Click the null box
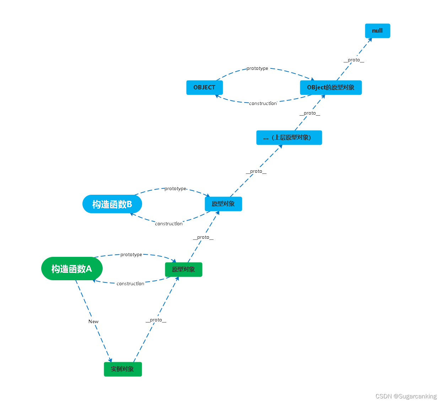377,31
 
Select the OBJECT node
204,88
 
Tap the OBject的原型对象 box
330,88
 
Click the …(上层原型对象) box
289,138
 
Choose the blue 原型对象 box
223,204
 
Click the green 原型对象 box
183,270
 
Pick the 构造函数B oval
112,204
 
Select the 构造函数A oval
72,269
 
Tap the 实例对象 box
123,369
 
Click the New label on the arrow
93,321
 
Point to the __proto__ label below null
354,60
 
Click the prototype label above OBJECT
257,68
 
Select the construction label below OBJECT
263,104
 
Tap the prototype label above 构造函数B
175,189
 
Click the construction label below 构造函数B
169,224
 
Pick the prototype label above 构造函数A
131,255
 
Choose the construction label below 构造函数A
130,284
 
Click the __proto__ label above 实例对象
156,320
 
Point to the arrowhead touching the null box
370,40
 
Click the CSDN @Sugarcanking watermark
406,396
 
